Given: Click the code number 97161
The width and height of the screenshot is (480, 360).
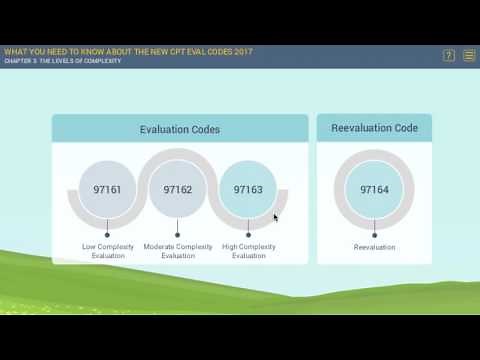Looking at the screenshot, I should [x=106, y=188].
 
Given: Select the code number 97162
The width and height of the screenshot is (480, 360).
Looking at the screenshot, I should [x=177, y=188].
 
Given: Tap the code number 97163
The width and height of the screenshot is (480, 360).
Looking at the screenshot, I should [x=248, y=188].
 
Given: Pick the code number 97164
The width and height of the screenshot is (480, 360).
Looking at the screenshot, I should [x=374, y=188].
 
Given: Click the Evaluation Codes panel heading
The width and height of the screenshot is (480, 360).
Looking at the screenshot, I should [x=180, y=129].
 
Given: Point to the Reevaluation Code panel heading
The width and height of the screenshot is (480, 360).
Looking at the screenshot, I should [x=374, y=128].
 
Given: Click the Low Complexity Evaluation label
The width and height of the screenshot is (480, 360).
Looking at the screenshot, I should [x=107, y=251].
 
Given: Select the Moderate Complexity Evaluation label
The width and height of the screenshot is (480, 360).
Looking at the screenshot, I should [x=178, y=251].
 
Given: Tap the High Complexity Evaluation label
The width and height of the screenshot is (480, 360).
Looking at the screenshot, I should [x=249, y=251].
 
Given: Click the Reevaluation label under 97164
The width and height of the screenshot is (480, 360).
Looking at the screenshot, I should [x=374, y=247].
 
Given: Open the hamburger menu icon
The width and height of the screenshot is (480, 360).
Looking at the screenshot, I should [x=469, y=56].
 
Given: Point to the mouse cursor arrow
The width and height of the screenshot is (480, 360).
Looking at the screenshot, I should [x=276, y=217].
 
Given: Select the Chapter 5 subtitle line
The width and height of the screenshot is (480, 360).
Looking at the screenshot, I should [x=62, y=61].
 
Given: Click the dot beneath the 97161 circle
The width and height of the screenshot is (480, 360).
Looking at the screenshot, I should [x=106, y=236].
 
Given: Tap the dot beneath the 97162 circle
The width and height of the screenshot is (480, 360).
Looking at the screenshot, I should [x=177, y=236].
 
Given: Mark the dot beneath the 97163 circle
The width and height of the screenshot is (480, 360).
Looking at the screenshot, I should [x=248, y=236].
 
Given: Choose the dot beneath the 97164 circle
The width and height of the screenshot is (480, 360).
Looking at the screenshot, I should [x=374, y=236].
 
